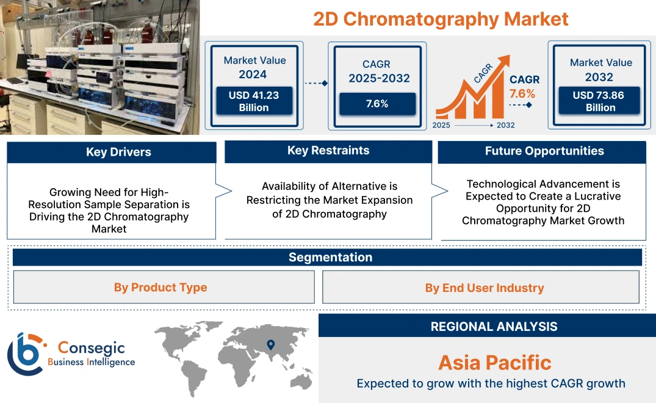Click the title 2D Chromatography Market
click(x=441, y=19)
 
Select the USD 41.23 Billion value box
click(x=253, y=101)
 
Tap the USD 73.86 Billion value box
click(x=600, y=101)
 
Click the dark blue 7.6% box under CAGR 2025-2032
click(x=377, y=104)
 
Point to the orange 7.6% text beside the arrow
click(x=522, y=93)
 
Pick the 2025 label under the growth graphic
click(x=442, y=125)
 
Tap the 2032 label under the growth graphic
click(x=505, y=125)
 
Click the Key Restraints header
click(x=328, y=151)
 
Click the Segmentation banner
click(x=330, y=257)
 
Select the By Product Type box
click(x=160, y=288)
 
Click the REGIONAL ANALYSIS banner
click(x=494, y=327)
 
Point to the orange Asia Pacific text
click(x=494, y=363)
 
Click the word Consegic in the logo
click(x=91, y=348)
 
